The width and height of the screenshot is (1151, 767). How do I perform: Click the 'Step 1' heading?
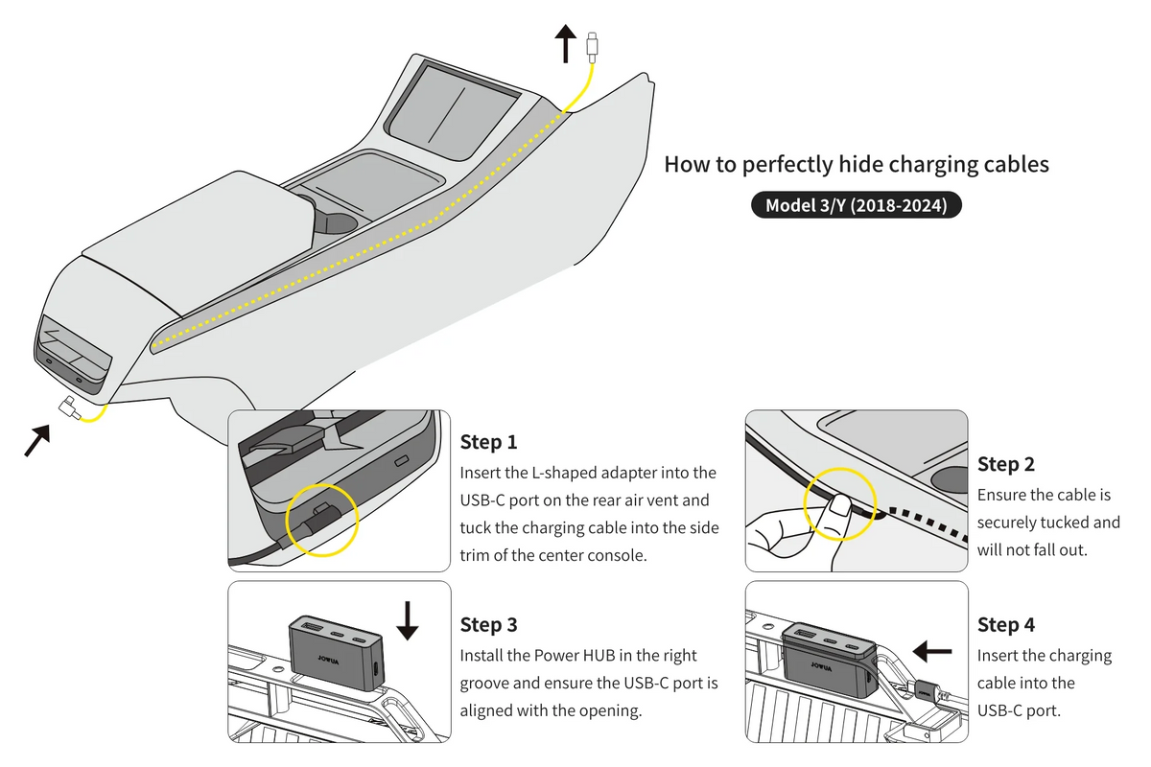488,442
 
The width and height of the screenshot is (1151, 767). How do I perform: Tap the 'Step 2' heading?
1006,464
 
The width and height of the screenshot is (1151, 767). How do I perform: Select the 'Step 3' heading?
488,625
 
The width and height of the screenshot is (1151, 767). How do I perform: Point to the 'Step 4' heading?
1006,625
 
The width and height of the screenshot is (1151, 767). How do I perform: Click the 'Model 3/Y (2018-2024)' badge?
856,205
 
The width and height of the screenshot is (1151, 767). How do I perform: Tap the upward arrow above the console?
565,43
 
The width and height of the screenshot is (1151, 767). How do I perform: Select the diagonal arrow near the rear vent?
36,441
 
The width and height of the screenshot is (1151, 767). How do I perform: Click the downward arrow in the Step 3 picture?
408,619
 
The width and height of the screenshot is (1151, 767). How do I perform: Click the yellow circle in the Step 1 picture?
322,519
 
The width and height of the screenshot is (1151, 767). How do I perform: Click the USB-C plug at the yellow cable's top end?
594,44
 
